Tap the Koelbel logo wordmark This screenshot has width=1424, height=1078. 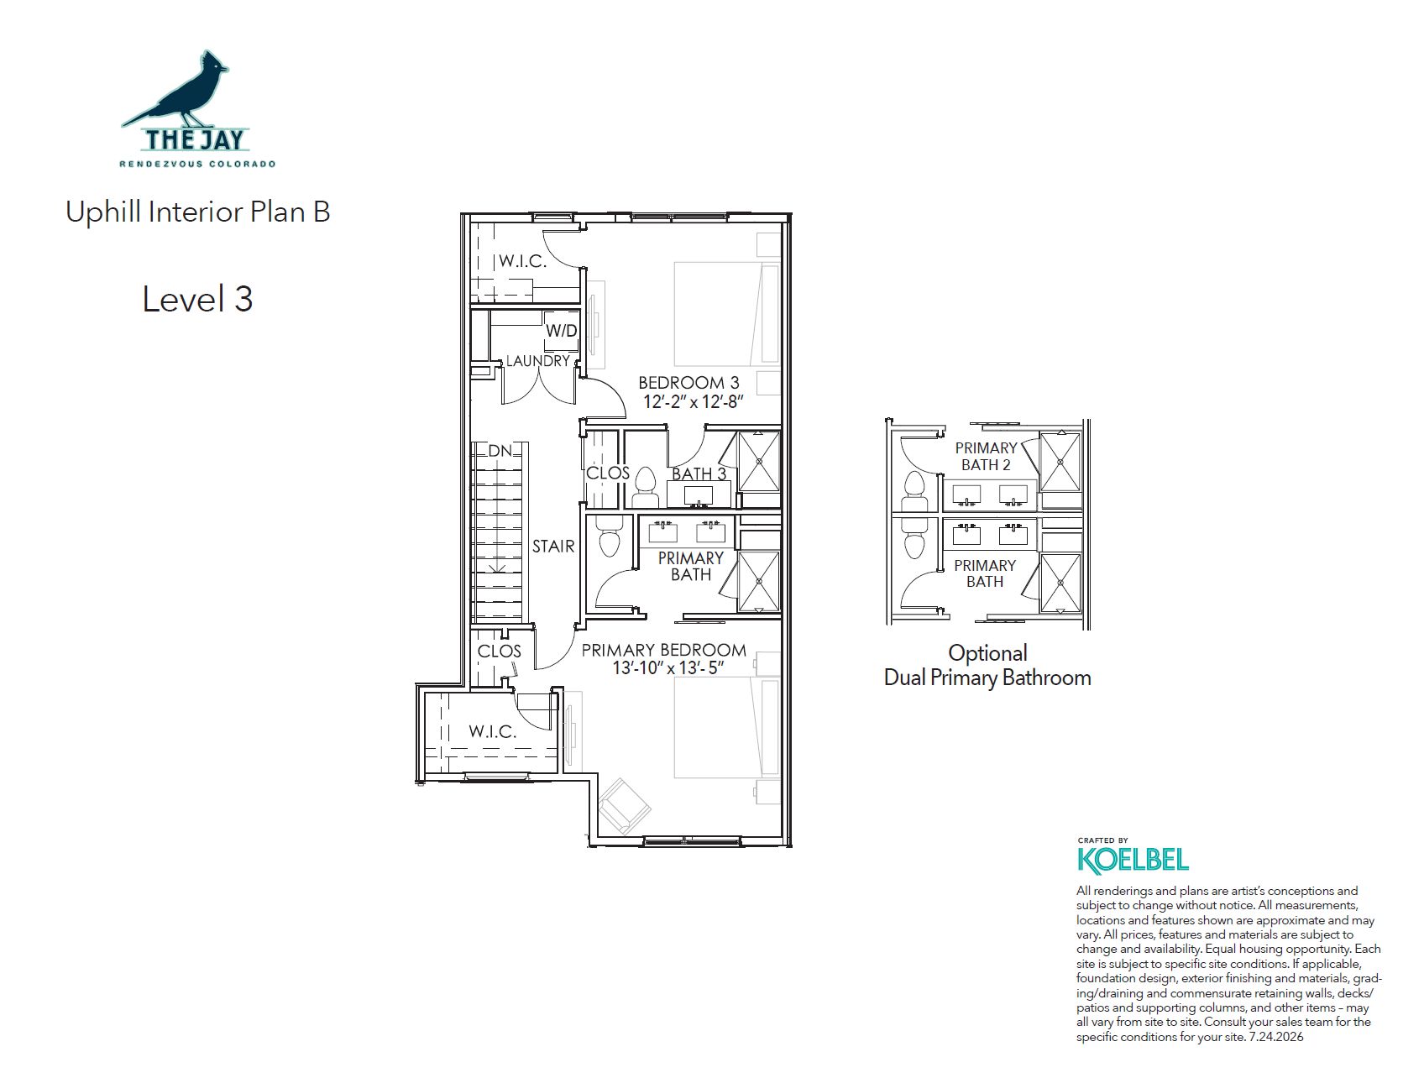[x=1133, y=860]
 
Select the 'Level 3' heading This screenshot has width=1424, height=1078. [x=197, y=300]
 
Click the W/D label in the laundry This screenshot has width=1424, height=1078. [x=562, y=330]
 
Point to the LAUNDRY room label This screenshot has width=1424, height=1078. [x=538, y=361]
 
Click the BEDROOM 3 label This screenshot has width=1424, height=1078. [x=688, y=383]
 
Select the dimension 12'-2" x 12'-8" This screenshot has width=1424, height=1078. [x=694, y=402]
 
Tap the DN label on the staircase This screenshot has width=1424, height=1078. [x=500, y=451]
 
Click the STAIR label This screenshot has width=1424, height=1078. [x=553, y=547]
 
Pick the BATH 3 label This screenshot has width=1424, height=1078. [x=699, y=474]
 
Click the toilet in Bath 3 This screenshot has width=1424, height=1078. [x=645, y=487]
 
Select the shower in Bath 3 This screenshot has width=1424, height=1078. [x=759, y=461]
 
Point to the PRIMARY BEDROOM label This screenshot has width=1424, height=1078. [x=663, y=650]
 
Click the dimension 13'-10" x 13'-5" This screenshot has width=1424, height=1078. [x=668, y=668]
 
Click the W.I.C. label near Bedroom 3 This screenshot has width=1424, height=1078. [x=522, y=261]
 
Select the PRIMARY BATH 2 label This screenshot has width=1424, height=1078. [x=986, y=456]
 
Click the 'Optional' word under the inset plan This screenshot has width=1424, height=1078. [x=987, y=653]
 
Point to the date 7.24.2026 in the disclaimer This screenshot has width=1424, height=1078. [x=1276, y=1037]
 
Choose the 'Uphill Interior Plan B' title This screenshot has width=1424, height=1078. [x=198, y=212]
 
